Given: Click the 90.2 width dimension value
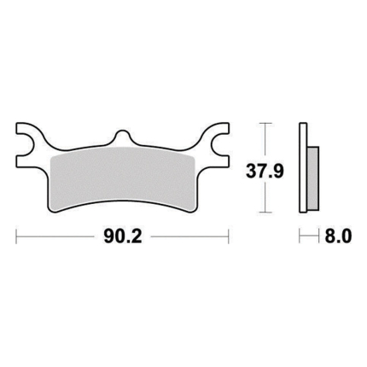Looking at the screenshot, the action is click(x=123, y=236).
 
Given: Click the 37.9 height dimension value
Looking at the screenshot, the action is click(x=265, y=172).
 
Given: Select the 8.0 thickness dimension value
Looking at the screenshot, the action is click(x=338, y=236).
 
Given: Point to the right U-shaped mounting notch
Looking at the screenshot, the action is click(x=219, y=144).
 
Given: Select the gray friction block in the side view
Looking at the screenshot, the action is click(x=313, y=178).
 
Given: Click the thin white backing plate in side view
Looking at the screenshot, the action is click(x=303, y=167).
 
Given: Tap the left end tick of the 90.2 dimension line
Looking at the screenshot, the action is click(x=16, y=236).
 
